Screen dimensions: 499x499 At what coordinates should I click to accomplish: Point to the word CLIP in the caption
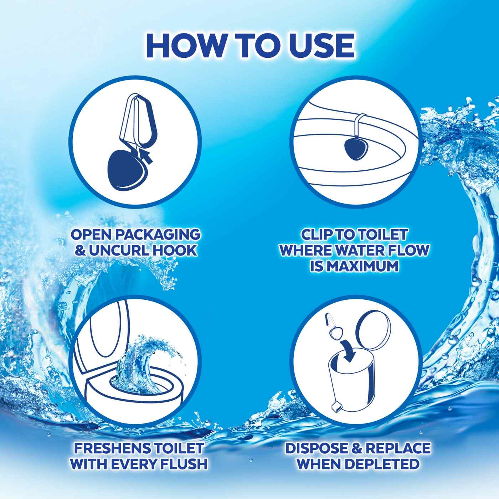pyautogui.click(x=317, y=235)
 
